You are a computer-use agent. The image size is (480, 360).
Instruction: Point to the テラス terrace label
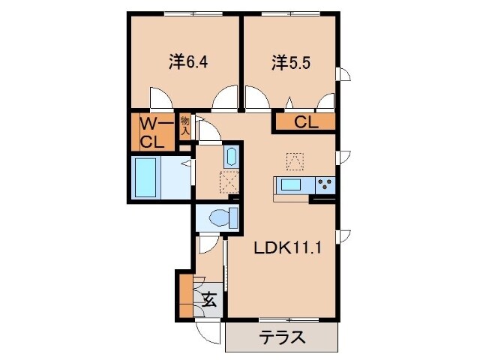click(282, 337)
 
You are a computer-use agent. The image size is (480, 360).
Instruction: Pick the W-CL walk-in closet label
click(154, 132)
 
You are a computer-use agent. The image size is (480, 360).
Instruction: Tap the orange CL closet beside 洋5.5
click(304, 121)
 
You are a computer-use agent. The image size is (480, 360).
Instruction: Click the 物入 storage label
click(185, 126)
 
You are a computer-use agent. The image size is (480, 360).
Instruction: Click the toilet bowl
click(219, 217)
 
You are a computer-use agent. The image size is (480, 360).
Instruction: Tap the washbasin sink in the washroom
click(231, 157)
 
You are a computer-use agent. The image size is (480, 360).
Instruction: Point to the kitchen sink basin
click(290, 184)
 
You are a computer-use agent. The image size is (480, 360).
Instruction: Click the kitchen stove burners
click(325, 184)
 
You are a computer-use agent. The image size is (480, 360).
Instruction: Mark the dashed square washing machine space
click(229, 181)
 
